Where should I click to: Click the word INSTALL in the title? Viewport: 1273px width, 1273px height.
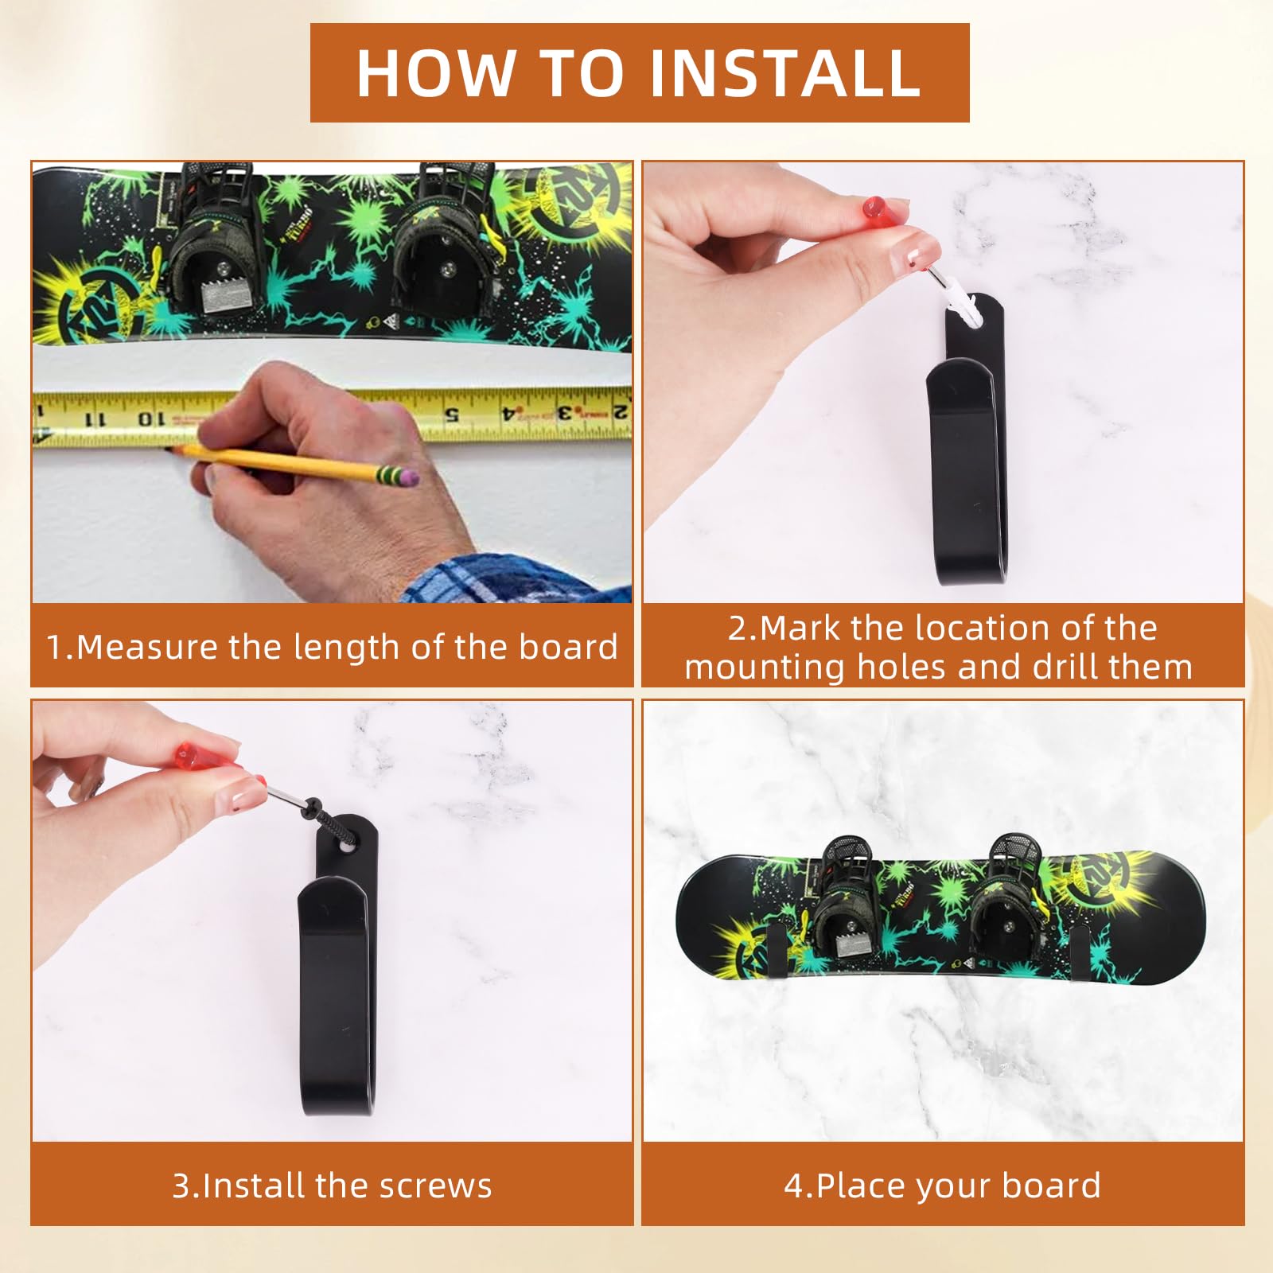(785, 72)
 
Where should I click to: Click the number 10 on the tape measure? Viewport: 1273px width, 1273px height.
(151, 418)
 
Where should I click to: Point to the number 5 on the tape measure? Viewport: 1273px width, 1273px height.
(451, 414)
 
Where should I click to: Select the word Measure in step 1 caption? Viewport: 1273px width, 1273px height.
(146, 647)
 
